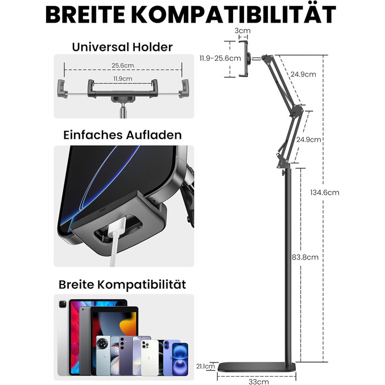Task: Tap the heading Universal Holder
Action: click(122, 47)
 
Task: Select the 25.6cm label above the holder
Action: click(123, 65)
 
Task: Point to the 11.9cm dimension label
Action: click(123, 79)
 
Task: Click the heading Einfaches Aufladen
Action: click(123, 135)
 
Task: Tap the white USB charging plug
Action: click(117, 227)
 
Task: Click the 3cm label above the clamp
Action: click(243, 31)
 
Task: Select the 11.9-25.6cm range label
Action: click(220, 58)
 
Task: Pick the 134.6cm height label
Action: click(324, 193)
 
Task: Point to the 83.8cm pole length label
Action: click(305, 257)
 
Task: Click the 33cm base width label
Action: click(258, 381)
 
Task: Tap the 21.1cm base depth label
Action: click(206, 366)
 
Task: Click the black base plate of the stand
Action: click(257, 367)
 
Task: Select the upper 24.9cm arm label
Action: click(303, 74)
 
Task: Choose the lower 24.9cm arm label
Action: click(309, 140)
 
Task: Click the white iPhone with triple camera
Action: click(150, 358)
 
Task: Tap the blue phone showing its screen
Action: click(180, 359)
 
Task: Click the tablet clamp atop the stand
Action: click(244, 59)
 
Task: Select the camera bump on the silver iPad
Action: click(63, 305)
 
